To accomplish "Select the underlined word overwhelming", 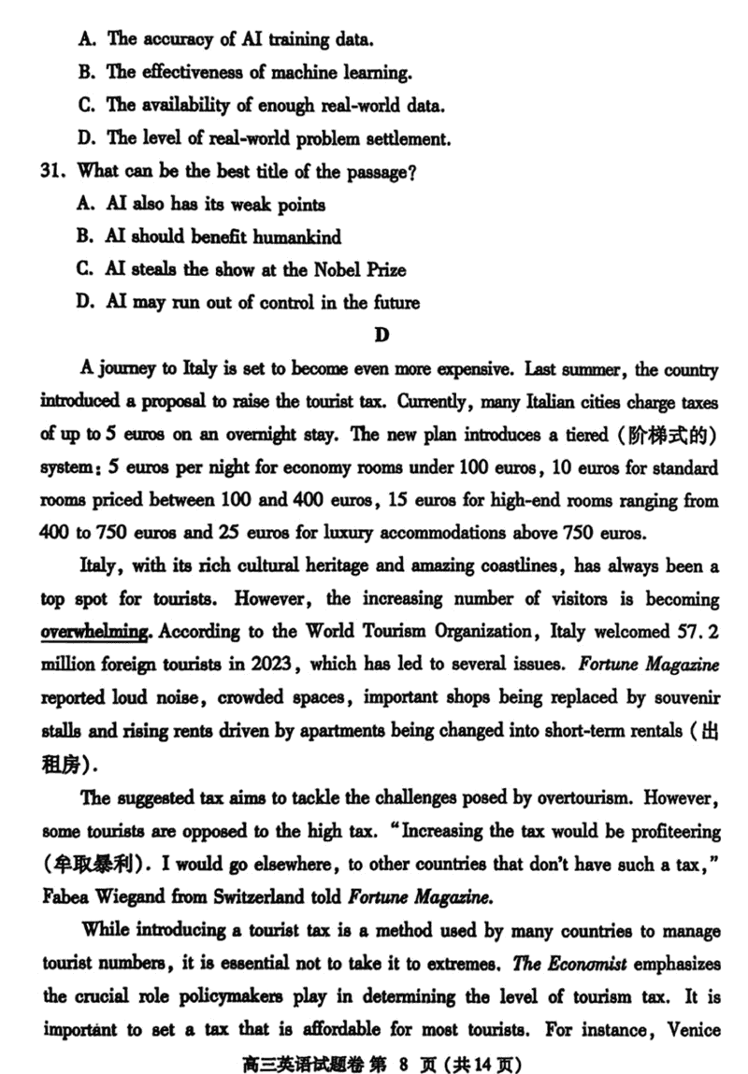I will [x=94, y=632].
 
